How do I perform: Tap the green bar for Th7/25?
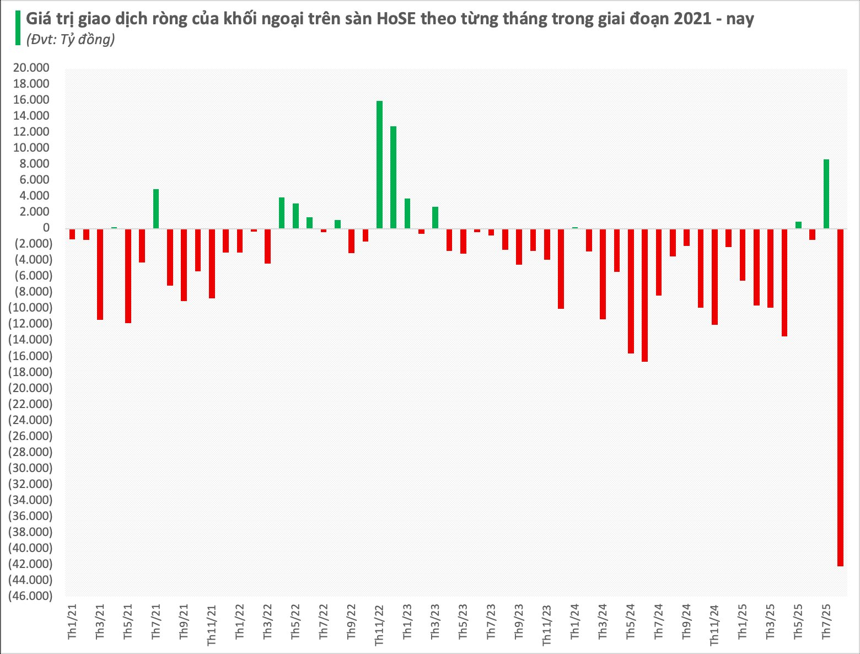826,194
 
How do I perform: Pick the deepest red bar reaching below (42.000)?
840,397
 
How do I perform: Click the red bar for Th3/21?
100,274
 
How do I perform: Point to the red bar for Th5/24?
631,291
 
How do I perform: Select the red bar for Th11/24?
714,276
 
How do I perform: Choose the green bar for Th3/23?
435,217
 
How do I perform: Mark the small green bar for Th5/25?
798,225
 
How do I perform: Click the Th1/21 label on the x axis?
72,621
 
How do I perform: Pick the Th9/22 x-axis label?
351,621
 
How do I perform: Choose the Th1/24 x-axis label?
575,621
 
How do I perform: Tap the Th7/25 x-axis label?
826,621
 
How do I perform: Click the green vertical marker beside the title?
19,28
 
